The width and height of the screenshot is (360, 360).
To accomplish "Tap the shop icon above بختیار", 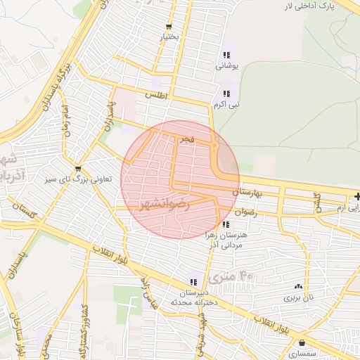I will tap(169, 25).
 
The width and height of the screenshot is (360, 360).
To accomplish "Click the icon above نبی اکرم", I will tap(226, 94).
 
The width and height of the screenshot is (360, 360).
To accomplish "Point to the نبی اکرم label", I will tap(226, 105).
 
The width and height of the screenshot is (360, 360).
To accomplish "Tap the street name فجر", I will tap(186, 140).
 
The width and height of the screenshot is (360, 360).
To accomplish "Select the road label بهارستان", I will tap(247, 191).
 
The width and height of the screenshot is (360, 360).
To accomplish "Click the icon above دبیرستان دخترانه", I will tap(193, 281).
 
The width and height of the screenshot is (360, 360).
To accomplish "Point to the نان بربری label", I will tap(298, 298).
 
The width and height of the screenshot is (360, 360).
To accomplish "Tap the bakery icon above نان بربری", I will tap(299, 286).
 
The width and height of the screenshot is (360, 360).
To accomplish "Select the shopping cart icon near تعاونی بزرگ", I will tap(77, 169).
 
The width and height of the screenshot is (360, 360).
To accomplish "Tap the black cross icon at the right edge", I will tap(357, 195).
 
